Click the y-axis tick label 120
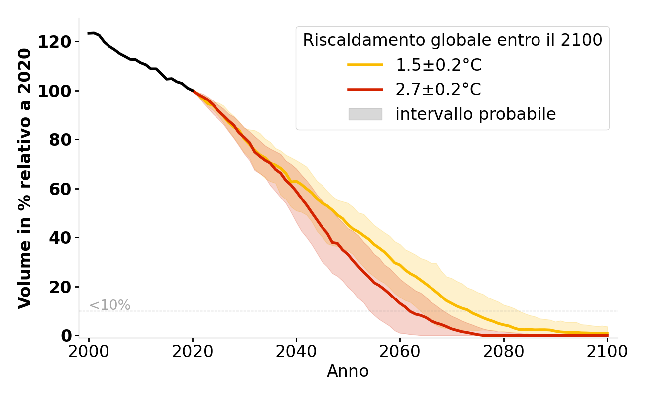54,42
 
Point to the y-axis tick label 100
54,91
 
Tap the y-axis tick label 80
60,140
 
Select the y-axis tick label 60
60,189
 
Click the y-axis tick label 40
60,238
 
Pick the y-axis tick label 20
60,287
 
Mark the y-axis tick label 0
66,336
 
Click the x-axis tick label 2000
89,352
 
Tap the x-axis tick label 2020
193,352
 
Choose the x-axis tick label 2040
296,352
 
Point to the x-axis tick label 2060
400,352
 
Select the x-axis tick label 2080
503,352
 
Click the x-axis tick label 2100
607,352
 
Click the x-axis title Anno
348,372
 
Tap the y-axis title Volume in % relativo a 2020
25,178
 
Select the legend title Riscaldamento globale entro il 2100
452,40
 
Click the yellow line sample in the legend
365,65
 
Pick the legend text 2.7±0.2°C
438,90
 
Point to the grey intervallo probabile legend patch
365,114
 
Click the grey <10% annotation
109,305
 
